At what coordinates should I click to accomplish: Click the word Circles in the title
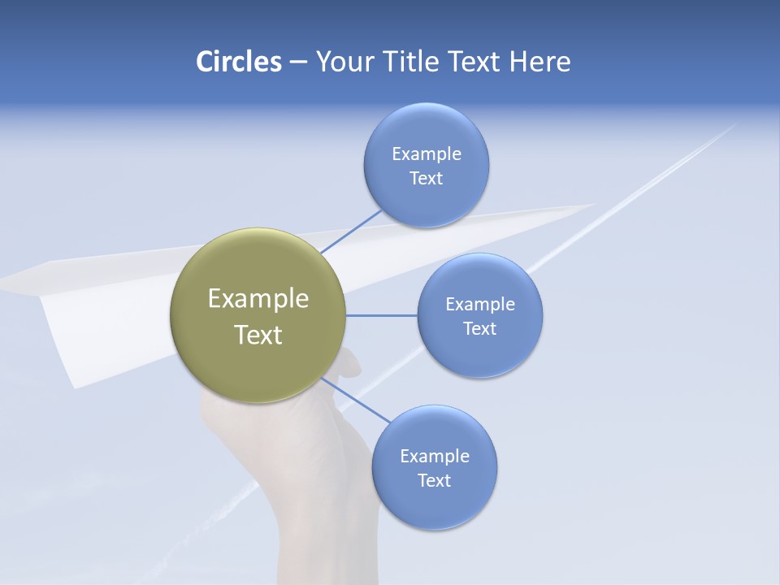pyautogui.click(x=238, y=62)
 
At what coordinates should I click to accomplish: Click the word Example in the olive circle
pyautogui.click(x=258, y=299)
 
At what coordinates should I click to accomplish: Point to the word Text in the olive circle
pyautogui.click(x=258, y=335)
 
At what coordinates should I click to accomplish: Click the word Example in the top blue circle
pyautogui.click(x=426, y=154)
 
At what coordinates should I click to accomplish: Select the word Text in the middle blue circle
pyautogui.click(x=479, y=329)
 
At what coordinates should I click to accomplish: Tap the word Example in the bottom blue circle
pyautogui.click(x=434, y=457)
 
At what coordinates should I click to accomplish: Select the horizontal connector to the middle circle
pyautogui.click(x=382, y=315)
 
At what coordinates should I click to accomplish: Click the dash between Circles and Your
pyautogui.click(x=298, y=63)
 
